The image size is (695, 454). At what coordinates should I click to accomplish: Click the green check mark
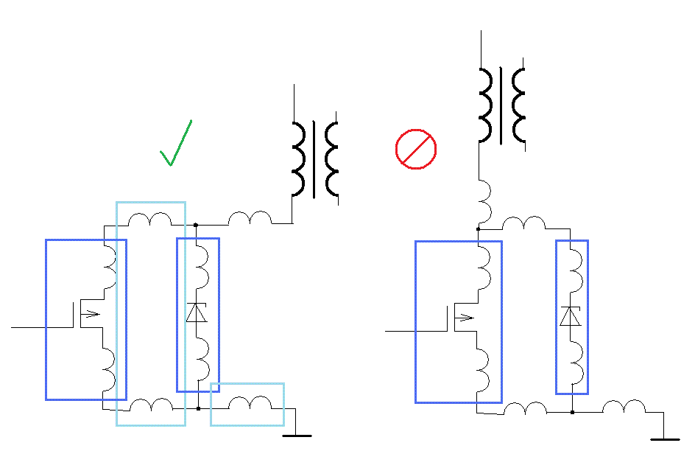click(175, 144)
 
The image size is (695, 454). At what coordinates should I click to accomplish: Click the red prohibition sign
click(416, 149)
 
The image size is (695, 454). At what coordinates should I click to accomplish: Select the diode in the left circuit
click(197, 312)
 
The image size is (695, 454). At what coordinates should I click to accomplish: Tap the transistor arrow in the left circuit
click(89, 314)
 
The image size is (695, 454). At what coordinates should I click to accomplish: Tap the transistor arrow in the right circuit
click(465, 318)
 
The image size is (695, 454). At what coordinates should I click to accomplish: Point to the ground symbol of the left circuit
click(297, 435)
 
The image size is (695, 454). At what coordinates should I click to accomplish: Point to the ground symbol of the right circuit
click(665, 438)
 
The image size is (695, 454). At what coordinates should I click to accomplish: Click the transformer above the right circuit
click(502, 105)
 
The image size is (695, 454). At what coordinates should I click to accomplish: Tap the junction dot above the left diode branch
click(196, 223)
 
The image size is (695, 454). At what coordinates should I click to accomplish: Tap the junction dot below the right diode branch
click(571, 413)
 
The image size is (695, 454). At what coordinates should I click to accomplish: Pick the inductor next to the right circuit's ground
click(624, 407)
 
